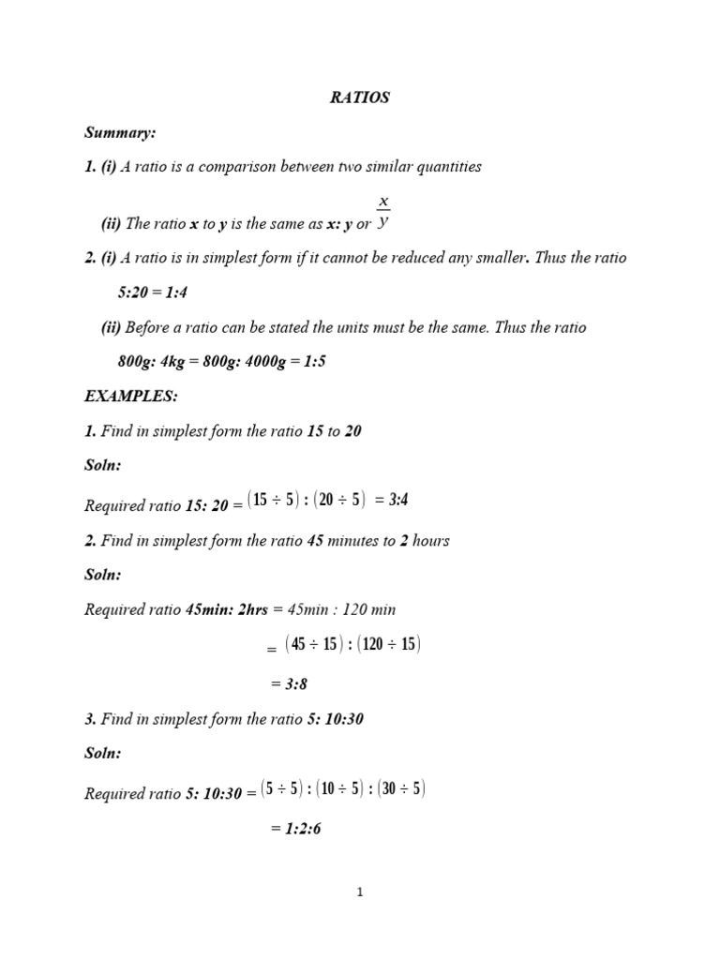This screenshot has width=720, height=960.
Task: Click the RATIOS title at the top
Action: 359,98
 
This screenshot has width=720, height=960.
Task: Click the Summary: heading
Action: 119,133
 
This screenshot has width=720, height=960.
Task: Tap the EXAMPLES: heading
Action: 131,397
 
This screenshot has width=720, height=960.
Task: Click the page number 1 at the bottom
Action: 360,892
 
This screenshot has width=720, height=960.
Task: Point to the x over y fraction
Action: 382,212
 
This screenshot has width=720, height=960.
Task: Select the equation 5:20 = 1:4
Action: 154,292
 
